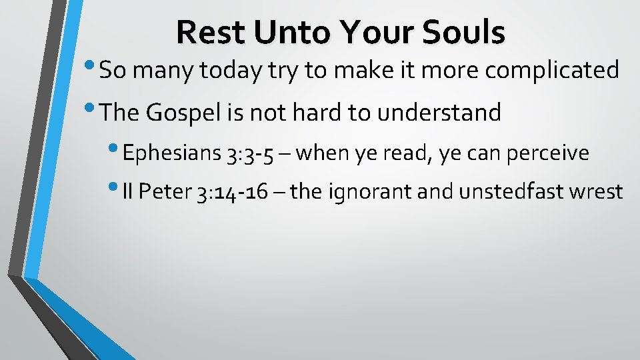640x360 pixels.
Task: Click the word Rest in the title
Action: pyautogui.click(x=205, y=32)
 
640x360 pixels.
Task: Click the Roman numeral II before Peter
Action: pyautogui.click(x=128, y=192)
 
